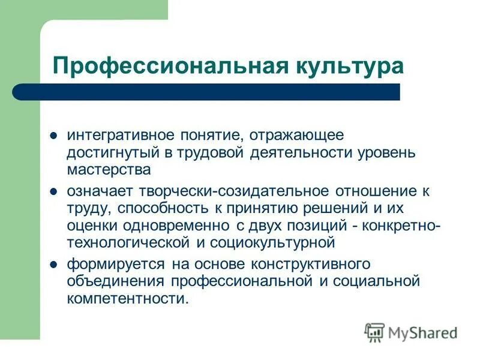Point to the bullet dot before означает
coord(53,191)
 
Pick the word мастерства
coord(108,169)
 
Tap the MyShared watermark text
coord(423,332)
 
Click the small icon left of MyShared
coord(374,332)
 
